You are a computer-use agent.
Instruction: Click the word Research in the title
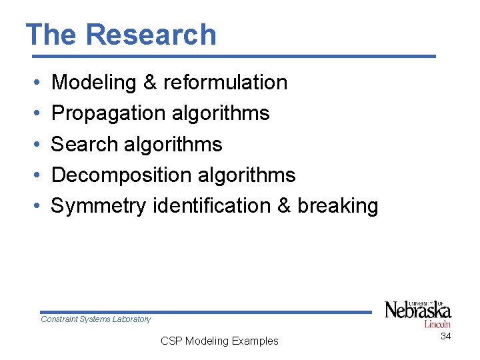click(x=151, y=35)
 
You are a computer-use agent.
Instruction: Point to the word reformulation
click(x=225, y=83)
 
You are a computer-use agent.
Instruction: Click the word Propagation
click(x=108, y=113)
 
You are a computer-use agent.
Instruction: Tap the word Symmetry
click(x=98, y=206)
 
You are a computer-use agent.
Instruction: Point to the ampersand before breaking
click(x=284, y=205)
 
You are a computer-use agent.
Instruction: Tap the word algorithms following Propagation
click(x=220, y=113)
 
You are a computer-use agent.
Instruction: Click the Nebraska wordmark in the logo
click(x=417, y=310)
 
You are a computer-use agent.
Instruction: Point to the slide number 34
click(x=445, y=336)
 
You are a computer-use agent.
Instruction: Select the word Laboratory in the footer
click(x=133, y=319)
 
